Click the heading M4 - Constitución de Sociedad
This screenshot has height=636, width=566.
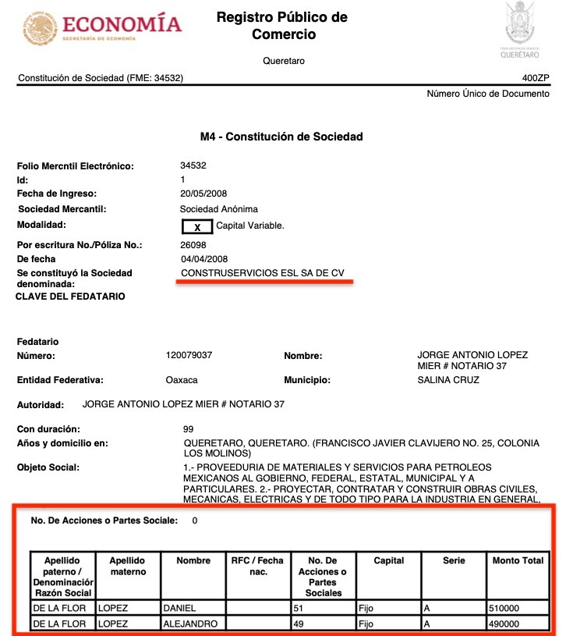tap(281, 137)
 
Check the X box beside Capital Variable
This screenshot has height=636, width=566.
tap(197, 226)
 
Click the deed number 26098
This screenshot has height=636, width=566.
tap(193, 245)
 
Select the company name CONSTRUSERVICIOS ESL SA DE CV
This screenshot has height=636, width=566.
tap(262, 273)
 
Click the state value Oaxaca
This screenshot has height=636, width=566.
tap(182, 380)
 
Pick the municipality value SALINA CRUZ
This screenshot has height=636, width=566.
tap(448, 380)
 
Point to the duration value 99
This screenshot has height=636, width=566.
tap(188, 429)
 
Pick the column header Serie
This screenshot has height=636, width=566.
tap(453, 560)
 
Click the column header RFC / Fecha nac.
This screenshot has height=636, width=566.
tap(258, 566)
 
